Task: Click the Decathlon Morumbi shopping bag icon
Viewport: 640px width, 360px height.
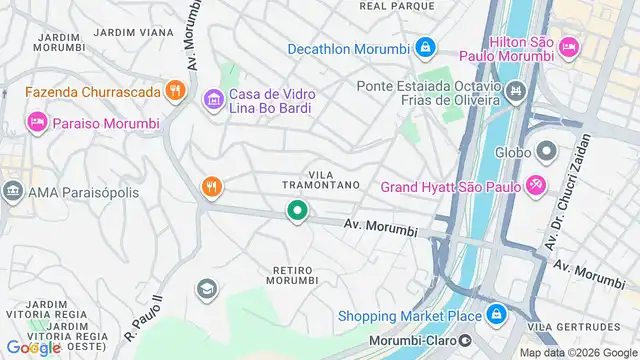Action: click(425, 47)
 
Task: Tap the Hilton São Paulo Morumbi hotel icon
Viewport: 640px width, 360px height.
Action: click(568, 45)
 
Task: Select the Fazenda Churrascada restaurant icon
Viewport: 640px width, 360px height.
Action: click(175, 91)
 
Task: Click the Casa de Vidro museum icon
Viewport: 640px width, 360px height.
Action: click(212, 100)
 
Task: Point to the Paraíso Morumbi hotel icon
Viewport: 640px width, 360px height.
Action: click(36, 122)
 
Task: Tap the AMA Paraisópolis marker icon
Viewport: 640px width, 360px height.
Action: click(13, 191)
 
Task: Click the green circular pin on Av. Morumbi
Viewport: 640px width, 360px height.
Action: click(297, 211)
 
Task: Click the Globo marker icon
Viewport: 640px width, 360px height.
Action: click(546, 153)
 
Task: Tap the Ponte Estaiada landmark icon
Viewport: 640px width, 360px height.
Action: click(516, 93)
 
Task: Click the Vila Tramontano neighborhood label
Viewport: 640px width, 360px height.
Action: click(320, 179)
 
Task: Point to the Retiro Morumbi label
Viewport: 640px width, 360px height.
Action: click(296, 276)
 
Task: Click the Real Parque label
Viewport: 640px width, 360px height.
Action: click(397, 6)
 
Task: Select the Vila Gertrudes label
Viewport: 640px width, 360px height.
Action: click(573, 327)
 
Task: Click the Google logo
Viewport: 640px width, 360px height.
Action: click(33, 347)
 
